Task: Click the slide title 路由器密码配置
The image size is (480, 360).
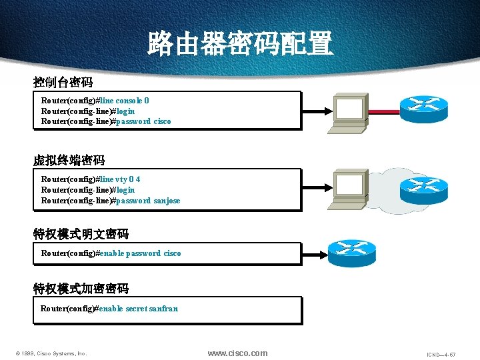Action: point(239,44)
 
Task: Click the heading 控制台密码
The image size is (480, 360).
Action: point(63,83)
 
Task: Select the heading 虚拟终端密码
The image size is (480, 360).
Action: point(69,160)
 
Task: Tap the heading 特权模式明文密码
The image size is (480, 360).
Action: point(81,234)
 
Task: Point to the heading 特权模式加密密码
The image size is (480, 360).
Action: point(81,289)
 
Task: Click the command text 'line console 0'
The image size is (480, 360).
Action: point(124,101)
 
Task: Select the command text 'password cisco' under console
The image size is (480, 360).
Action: point(143,121)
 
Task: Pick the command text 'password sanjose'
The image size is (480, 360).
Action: point(148,200)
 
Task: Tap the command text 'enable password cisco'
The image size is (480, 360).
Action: point(139,253)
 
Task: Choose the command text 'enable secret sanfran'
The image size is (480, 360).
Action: point(138,309)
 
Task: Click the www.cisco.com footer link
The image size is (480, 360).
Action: point(237,353)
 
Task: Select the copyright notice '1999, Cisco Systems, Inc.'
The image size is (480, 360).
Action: point(53,353)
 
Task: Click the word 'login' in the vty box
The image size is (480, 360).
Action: point(125,190)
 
